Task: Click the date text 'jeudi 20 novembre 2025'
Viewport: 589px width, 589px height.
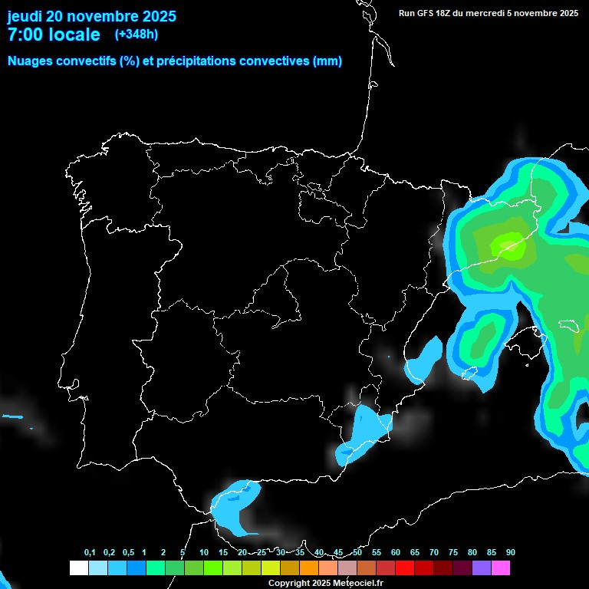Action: [x=91, y=16]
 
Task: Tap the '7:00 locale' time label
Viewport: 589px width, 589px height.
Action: [x=53, y=35]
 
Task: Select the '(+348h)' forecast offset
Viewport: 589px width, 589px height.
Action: [x=136, y=34]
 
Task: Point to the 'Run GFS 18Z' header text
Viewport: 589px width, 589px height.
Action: [x=430, y=13]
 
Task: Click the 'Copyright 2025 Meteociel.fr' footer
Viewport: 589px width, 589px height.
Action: [x=325, y=583]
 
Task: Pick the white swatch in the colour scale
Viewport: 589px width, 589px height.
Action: [x=78, y=568]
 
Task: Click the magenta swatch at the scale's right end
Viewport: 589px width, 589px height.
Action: [x=501, y=568]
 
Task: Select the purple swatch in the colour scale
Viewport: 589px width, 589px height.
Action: [x=482, y=568]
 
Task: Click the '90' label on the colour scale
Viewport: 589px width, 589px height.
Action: [x=510, y=553]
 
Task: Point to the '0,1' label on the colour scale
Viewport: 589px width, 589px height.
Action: [x=90, y=553]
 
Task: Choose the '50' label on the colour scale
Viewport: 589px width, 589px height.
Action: [x=357, y=553]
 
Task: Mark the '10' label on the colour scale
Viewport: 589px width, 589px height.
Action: [x=203, y=553]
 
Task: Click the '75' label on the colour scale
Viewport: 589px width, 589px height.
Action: [x=452, y=553]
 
